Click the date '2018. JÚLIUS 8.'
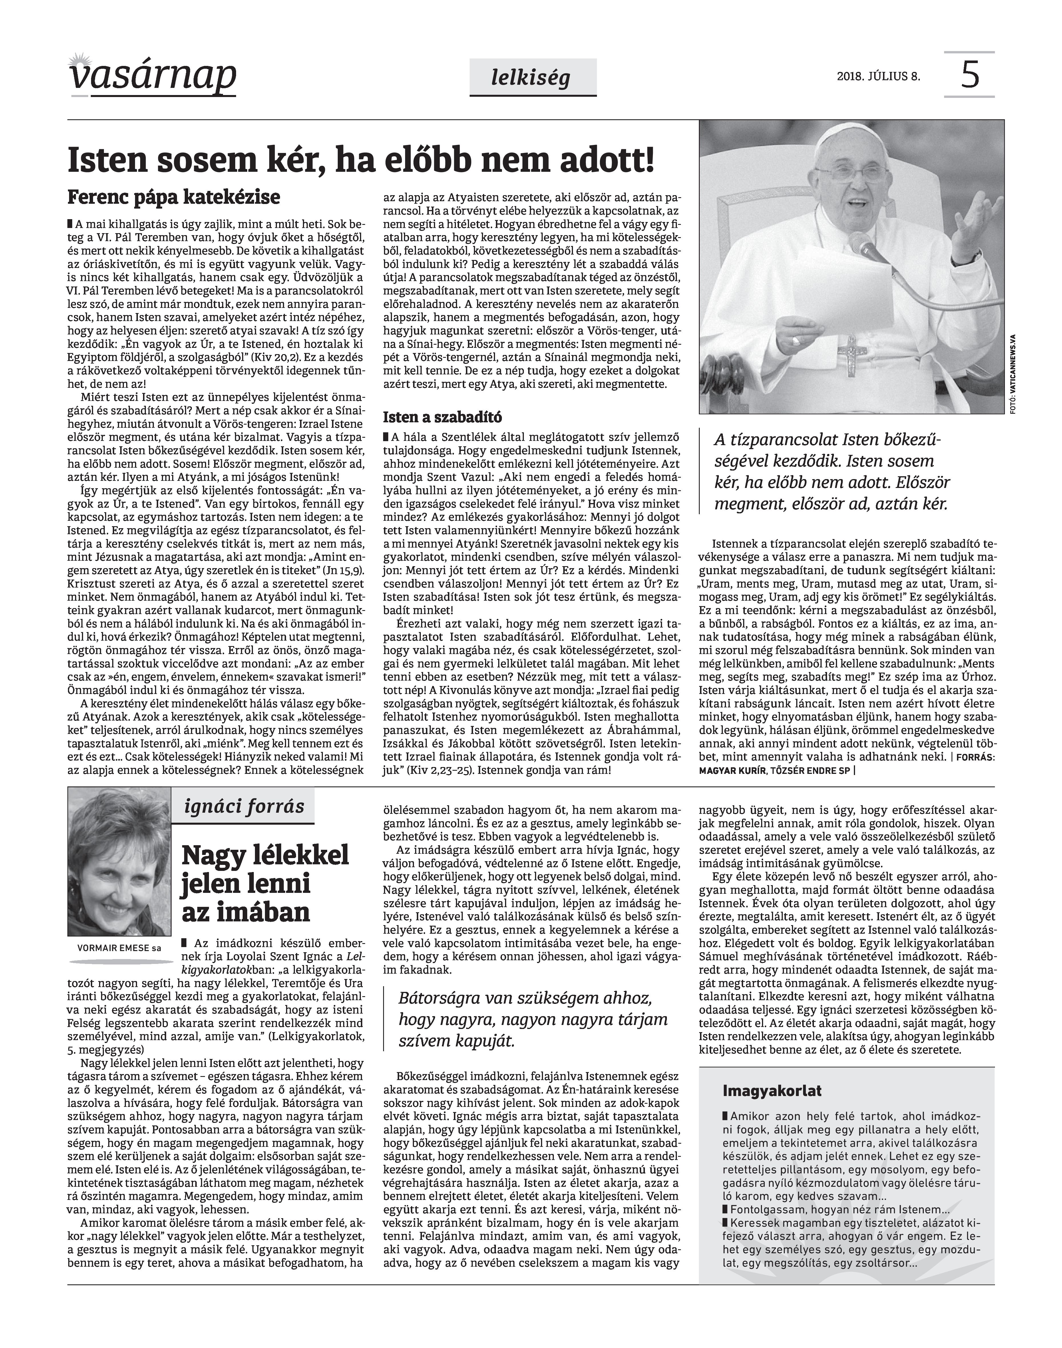click(878, 77)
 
